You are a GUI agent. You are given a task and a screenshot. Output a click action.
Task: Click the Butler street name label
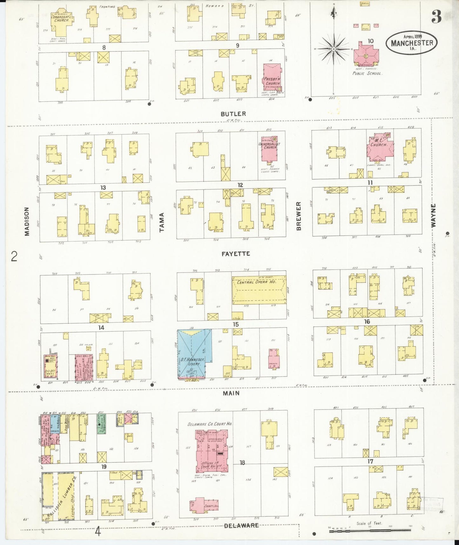pos(233,114)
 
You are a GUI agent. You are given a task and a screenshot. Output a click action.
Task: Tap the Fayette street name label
pos(236,254)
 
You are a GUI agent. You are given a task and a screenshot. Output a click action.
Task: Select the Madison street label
pos(27,222)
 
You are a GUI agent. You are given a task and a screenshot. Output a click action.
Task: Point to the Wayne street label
pos(434,215)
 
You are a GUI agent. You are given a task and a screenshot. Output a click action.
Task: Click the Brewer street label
pos(298,216)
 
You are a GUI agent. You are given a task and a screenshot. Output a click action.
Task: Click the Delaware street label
pos(241,525)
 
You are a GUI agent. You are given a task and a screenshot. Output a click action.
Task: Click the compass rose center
pos(334,49)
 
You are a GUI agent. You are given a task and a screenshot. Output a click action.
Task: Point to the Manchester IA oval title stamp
pos(412,43)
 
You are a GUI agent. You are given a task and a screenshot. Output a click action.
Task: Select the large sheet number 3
pos(436,17)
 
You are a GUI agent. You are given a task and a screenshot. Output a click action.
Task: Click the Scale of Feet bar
pos(370,530)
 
